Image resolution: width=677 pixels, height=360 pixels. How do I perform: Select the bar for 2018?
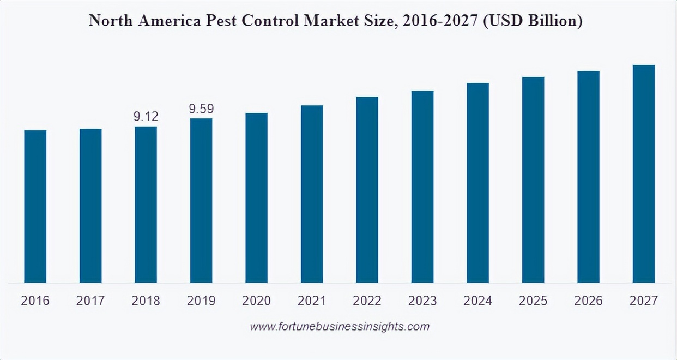pos(146,205)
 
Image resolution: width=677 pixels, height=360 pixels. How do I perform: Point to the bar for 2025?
pos(533,179)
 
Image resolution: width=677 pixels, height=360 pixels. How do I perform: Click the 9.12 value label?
pos(146,116)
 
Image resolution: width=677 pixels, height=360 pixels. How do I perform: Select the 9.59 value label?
pos(201,109)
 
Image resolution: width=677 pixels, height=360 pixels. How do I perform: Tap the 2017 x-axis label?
pos(90,301)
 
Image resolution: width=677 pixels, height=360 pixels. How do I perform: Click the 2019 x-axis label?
pos(201,301)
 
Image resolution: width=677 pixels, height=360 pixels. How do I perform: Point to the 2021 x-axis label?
pos(312,301)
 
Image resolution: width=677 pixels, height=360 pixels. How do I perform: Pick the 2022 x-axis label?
pos(367,301)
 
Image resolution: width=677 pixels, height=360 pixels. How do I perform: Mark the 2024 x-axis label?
pos(477,301)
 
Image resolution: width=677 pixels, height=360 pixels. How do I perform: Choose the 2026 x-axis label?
pos(588,301)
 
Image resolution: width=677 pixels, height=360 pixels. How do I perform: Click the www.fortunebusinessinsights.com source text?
pos(340,327)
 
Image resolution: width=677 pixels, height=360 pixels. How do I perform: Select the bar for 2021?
pos(312,194)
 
